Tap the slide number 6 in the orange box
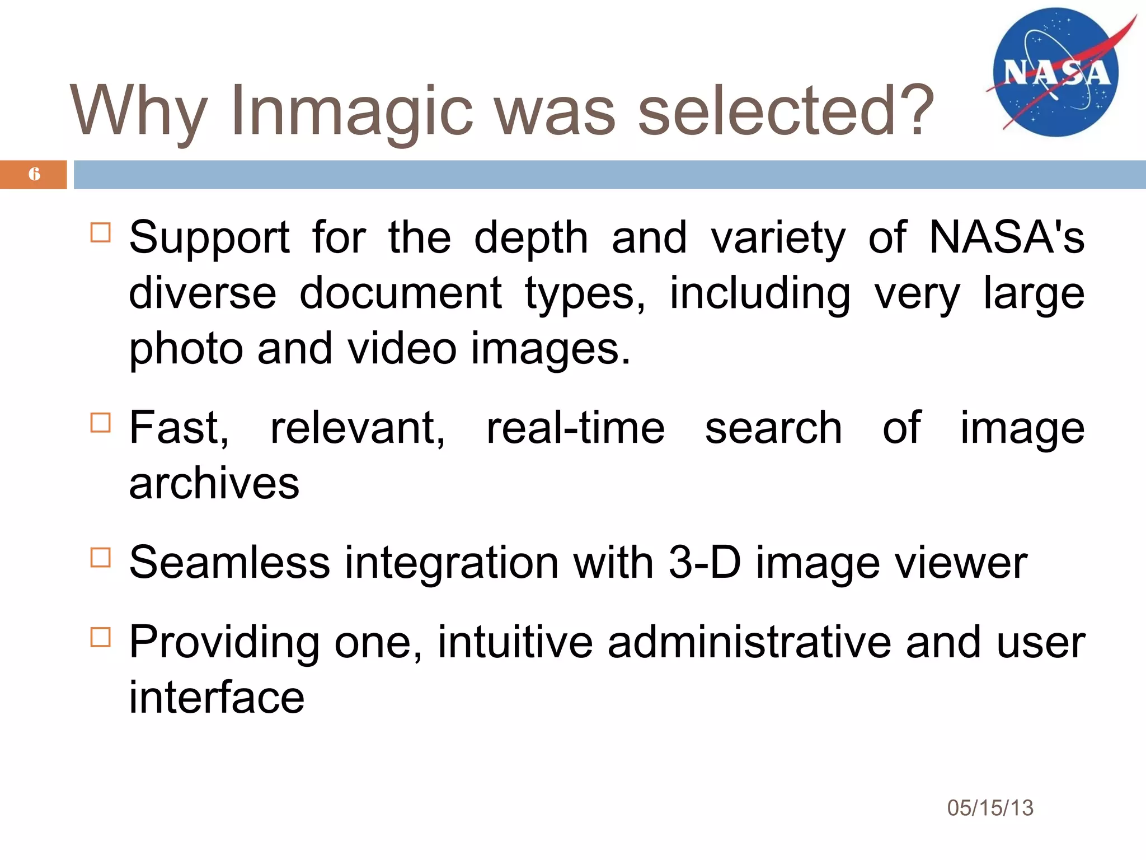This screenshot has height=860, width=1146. point(34,174)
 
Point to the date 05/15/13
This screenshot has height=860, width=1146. point(990,808)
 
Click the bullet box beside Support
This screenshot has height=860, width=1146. point(101,232)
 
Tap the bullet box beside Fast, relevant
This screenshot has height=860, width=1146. point(101,423)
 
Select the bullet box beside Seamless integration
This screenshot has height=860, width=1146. point(101,558)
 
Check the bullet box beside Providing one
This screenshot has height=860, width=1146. point(101,637)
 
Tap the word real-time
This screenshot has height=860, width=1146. point(575,428)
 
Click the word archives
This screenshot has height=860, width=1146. point(214,484)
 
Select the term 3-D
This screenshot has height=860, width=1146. point(704,562)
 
